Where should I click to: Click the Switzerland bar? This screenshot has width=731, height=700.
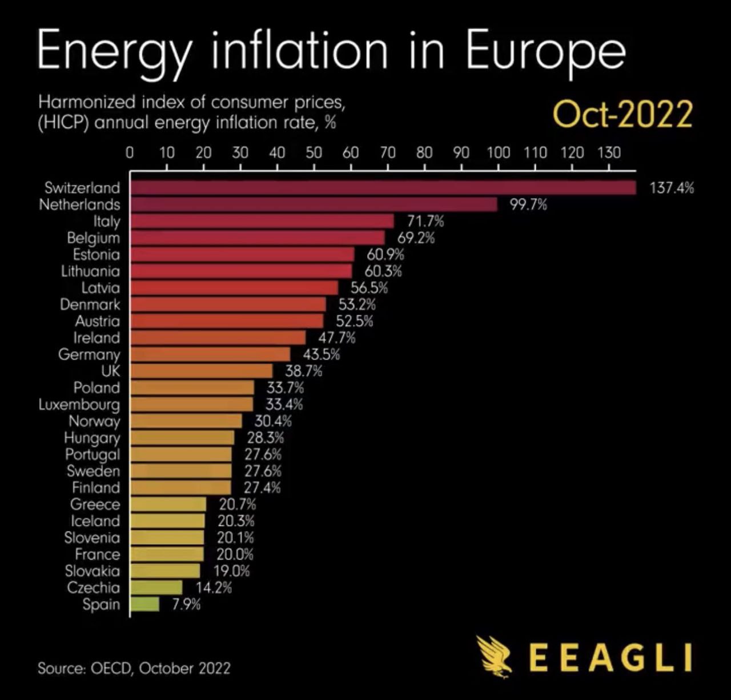click(383, 188)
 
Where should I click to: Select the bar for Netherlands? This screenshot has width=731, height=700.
click(314, 204)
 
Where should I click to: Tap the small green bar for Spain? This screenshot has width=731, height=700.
click(144, 604)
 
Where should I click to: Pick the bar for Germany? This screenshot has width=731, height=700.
click(210, 354)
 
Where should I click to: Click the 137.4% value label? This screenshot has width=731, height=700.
click(672, 188)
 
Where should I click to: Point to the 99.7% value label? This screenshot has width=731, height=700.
click(528, 204)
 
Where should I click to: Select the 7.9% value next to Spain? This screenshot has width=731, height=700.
click(186, 604)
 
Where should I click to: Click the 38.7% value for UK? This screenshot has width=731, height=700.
click(303, 371)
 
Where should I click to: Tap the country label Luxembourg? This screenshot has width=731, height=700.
click(79, 405)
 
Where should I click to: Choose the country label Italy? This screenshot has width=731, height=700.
click(107, 221)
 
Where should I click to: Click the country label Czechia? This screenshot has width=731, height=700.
click(93, 588)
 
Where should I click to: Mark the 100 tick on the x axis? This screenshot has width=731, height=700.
click(498, 152)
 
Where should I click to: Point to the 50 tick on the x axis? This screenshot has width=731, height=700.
click(314, 152)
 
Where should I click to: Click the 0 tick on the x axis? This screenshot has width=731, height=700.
click(130, 152)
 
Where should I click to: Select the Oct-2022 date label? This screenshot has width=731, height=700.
click(622, 114)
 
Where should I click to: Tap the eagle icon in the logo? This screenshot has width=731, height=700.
click(496, 656)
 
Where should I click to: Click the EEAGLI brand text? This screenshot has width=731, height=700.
click(610, 658)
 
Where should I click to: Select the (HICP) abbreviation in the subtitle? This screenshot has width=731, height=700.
click(63, 122)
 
